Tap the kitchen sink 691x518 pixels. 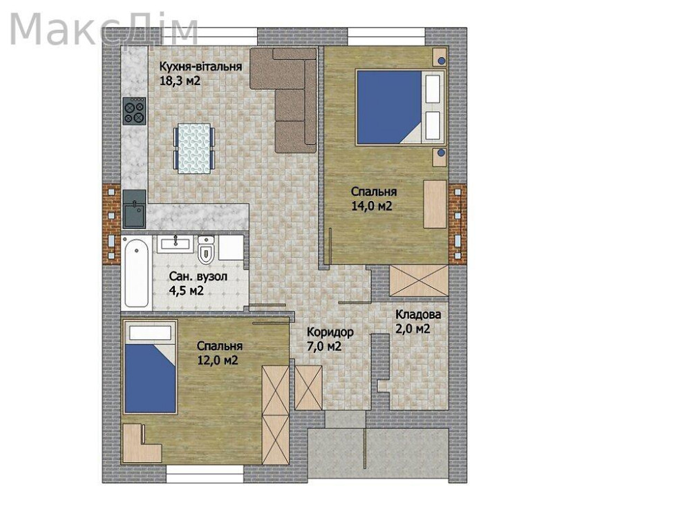click(x=134, y=209)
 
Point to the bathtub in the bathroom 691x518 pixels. click(x=136, y=273)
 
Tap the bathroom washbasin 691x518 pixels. click(x=175, y=244)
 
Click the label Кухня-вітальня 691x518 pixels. click(x=200, y=66)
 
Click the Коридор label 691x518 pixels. click(x=330, y=332)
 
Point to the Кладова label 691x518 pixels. click(x=418, y=314)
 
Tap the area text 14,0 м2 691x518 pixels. click(x=372, y=206)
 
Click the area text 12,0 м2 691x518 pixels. click(x=218, y=360)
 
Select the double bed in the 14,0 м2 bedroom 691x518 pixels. click(x=401, y=108)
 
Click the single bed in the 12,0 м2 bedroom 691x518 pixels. click(x=150, y=367)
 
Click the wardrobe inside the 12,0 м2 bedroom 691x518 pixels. click(x=276, y=415)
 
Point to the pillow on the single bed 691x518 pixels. click(x=150, y=333)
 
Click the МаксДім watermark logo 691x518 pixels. click(x=104, y=30)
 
